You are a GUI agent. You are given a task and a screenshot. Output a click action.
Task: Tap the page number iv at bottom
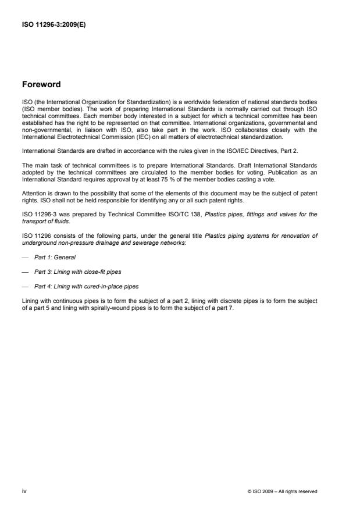(x=24, y=491)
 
